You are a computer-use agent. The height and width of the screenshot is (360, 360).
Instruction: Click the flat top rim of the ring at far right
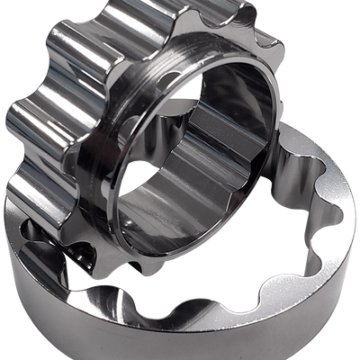point(346,180)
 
